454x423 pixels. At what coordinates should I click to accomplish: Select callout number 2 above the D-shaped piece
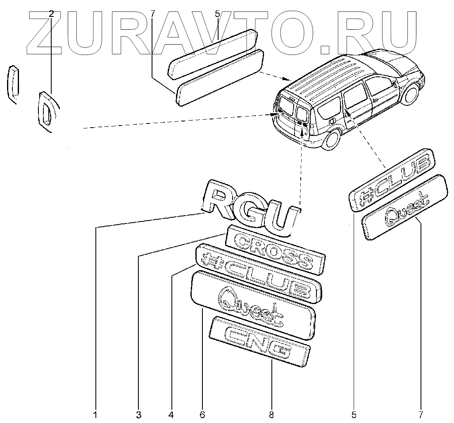[51, 14]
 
